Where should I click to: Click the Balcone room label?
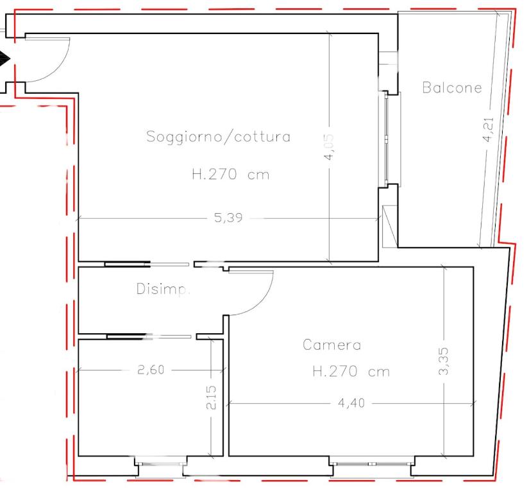[x=452, y=87]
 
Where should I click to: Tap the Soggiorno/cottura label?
[x=218, y=137]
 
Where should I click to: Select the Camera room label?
[x=332, y=345]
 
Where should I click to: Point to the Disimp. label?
[x=164, y=289]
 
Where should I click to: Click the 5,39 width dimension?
[x=228, y=218]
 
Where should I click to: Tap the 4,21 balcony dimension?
[x=488, y=130]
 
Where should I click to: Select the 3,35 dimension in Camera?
[x=444, y=361]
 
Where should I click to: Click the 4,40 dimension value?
[x=351, y=403]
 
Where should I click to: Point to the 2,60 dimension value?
[x=151, y=370]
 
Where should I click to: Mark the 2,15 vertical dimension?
[x=211, y=397]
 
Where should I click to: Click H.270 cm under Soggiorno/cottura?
[x=230, y=175]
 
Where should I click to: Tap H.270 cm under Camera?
[x=351, y=372]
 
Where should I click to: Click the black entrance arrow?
[x=4, y=59]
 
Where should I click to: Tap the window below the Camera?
[x=372, y=464]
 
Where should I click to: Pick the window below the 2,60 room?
[x=161, y=465]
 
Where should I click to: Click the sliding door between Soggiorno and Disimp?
[x=147, y=264]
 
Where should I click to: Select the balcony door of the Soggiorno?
[x=385, y=139]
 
